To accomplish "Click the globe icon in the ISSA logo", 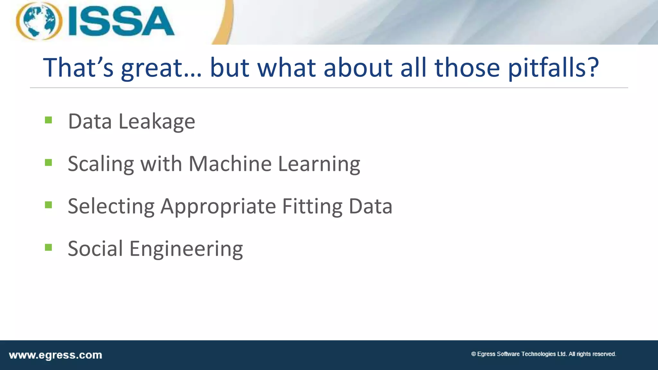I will tap(39, 21).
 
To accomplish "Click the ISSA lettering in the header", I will tap(121, 22).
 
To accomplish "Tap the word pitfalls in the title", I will tap(553, 68).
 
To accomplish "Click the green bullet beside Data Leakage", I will tap(49, 120).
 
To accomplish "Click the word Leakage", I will tap(157, 122).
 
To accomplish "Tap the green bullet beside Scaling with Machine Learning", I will tap(49, 163).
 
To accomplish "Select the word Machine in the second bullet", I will tap(230, 164).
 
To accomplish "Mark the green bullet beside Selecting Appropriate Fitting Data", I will tap(49, 205).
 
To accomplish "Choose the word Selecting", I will tap(111, 207).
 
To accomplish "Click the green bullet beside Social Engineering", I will tap(49, 247).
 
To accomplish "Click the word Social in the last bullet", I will tap(95, 249).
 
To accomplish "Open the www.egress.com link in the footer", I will tap(56, 355).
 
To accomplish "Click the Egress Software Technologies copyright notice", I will tap(543, 354).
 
